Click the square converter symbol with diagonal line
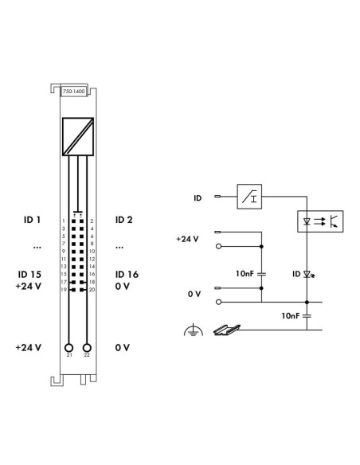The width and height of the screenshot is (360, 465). [x=77, y=134]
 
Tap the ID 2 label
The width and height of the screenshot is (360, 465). [x=123, y=219]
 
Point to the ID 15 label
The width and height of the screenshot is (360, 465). [x=30, y=274]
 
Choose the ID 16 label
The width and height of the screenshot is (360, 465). [x=127, y=274]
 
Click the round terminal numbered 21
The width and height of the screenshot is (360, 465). [x=68, y=348]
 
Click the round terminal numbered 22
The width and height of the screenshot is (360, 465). [x=87, y=348]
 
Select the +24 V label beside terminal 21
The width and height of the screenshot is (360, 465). [x=29, y=348]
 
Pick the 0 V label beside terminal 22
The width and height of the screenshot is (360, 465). [x=122, y=348]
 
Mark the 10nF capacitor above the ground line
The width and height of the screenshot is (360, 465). [x=306, y=315]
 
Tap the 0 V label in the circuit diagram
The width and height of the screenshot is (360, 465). [x=194, y=294]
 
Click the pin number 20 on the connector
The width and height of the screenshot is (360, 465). [x=93, y=291]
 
